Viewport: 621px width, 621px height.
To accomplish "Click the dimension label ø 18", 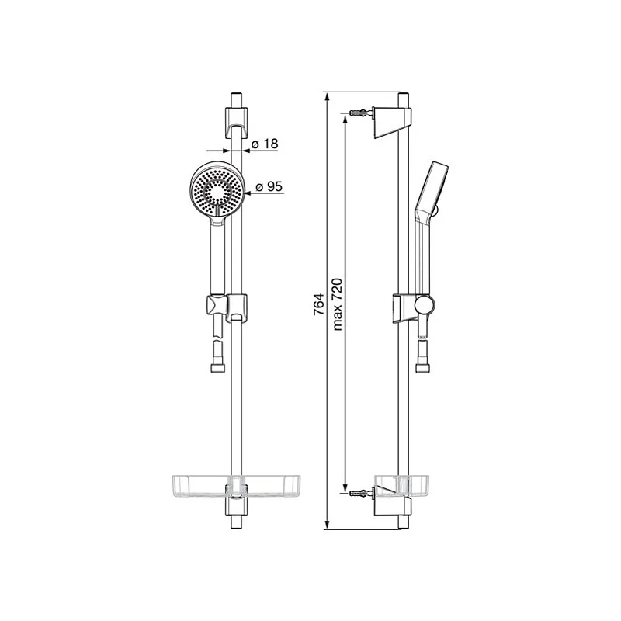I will coord(265,144).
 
